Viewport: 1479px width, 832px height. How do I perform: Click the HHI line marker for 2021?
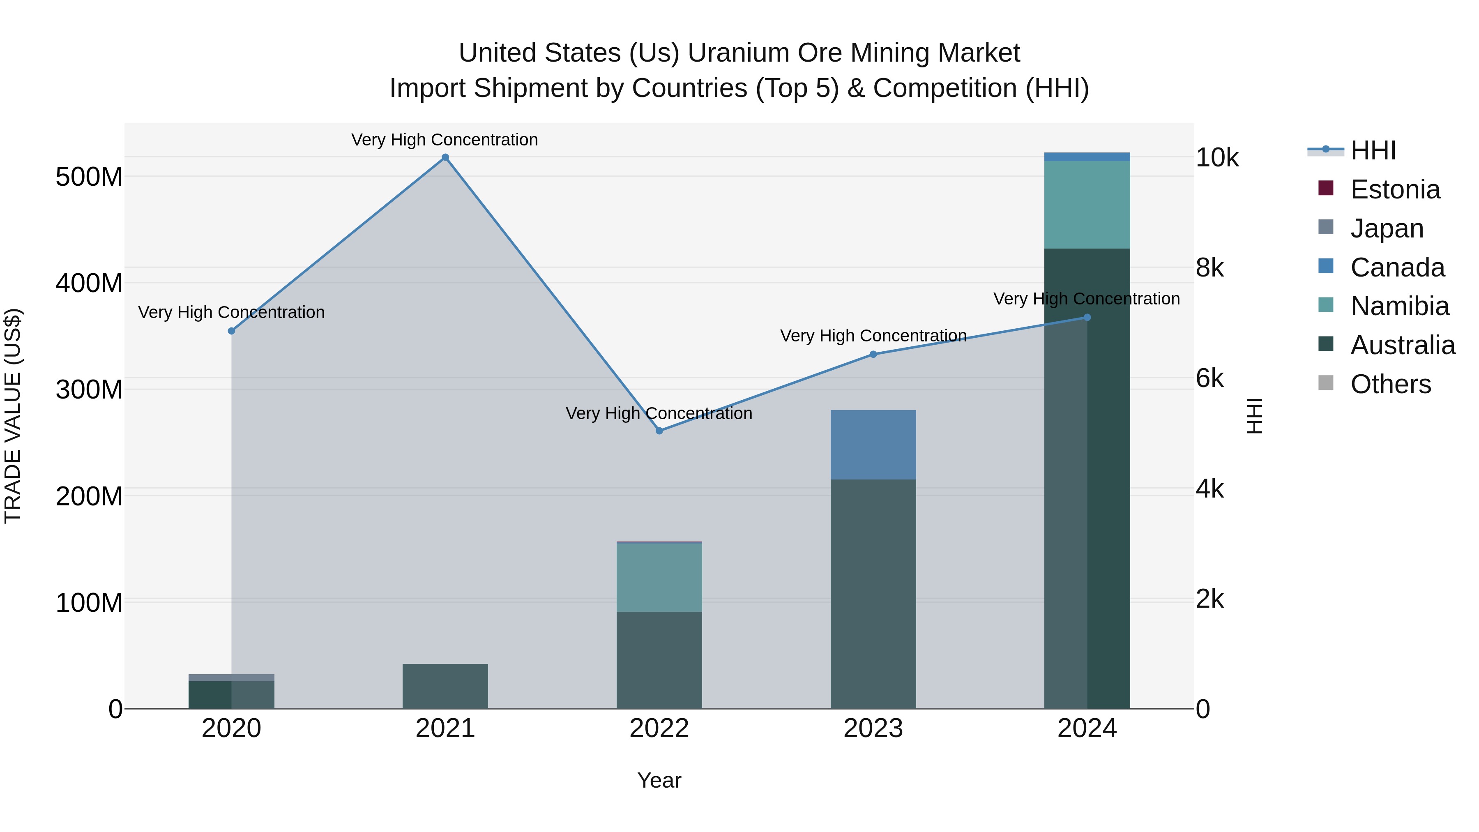tap(445, 157)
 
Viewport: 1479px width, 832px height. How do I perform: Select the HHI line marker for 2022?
tap(659, 431)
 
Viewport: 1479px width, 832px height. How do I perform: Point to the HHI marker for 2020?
tap(231, 331)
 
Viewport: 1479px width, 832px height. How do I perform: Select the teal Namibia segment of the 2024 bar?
tap(1086, 205)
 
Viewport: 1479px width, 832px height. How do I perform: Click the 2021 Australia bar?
tap(445, 686)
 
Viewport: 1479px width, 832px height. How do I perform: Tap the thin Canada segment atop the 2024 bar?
tap(1086, 157)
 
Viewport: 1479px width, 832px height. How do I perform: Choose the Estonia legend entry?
tap(1395, 189)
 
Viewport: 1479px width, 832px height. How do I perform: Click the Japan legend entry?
tap(1387, 228)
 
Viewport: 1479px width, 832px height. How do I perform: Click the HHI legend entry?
tap(1372, 150)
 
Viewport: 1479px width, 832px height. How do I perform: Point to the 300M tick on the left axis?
tap(89, 390)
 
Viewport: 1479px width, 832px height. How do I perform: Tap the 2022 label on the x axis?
tap(659, 728)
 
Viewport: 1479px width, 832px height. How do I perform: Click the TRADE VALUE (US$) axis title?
tap(13, 416)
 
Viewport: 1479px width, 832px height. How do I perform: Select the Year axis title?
tap(659, 780)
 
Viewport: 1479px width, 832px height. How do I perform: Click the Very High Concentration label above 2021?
tap(445, 140)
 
